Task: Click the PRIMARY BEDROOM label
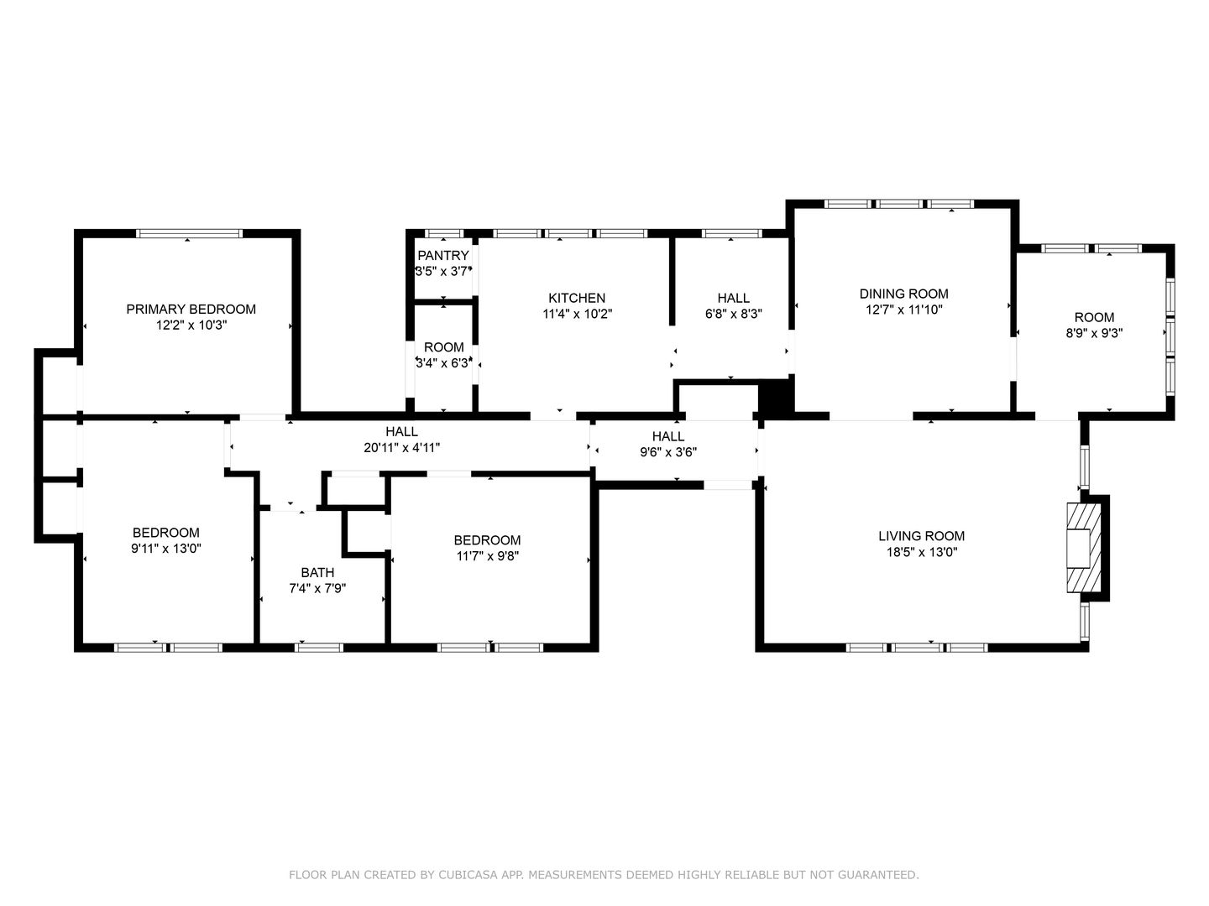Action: (191, 310)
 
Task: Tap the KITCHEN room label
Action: (577, 298)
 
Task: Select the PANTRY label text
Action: (442, 255)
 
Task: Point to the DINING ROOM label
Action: (904, 294)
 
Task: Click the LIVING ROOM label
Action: (922, 536)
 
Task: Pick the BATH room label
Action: (317, 573)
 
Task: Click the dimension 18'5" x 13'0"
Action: (922, 552)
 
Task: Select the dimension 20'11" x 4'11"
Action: (401, 448)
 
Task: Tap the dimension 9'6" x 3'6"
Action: (668, 452)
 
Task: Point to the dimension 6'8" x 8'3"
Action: (733, 314)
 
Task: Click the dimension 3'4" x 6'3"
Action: (443, 363)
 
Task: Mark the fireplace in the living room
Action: (1083, 548)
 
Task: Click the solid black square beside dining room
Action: (776, 397)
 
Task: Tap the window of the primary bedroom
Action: (190, 234)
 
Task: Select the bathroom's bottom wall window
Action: (318, 648)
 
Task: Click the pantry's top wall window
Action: (444, 234)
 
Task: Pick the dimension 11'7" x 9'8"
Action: (488, 556)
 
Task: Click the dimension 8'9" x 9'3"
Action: (1094, 333)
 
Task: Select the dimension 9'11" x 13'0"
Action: (165, 549)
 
